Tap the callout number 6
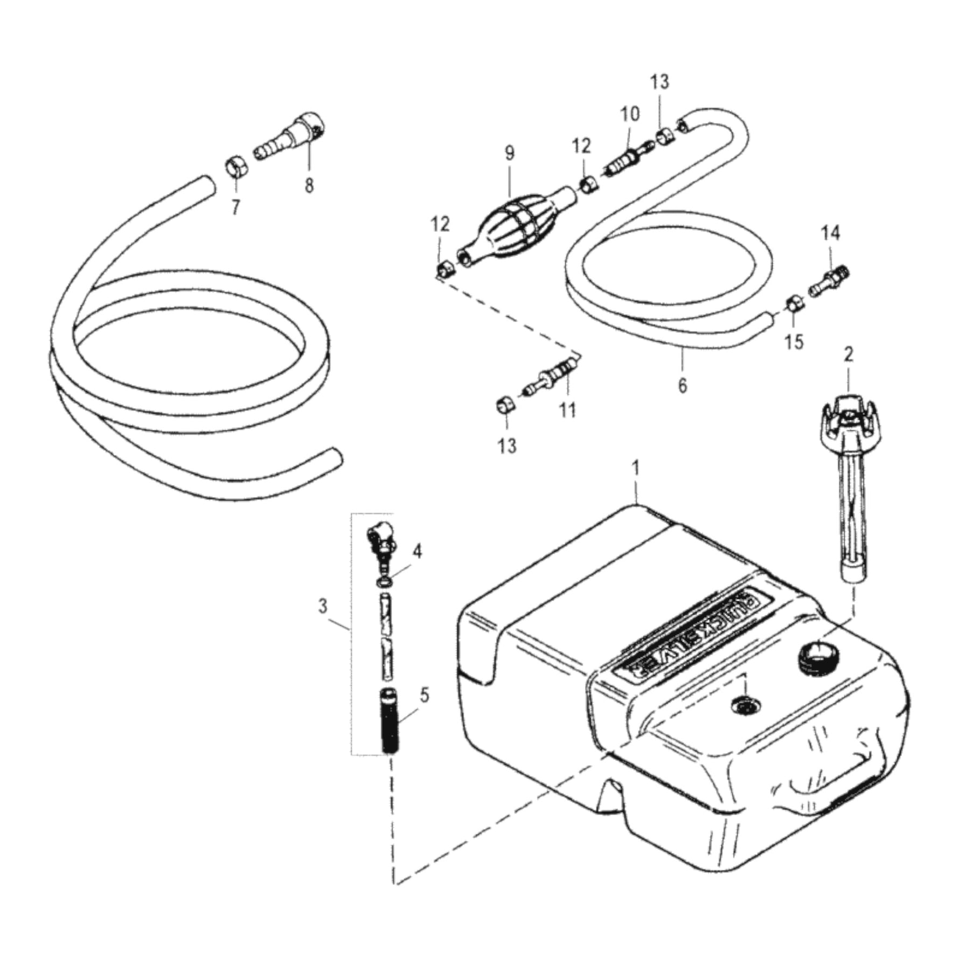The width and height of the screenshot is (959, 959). click(682, 386)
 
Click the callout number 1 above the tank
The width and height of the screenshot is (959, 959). click(636, 469)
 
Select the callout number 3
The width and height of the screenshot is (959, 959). click(322, 606)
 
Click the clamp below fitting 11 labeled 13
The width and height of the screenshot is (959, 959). click(504, 405)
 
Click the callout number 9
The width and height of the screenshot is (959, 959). click(510, 153)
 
